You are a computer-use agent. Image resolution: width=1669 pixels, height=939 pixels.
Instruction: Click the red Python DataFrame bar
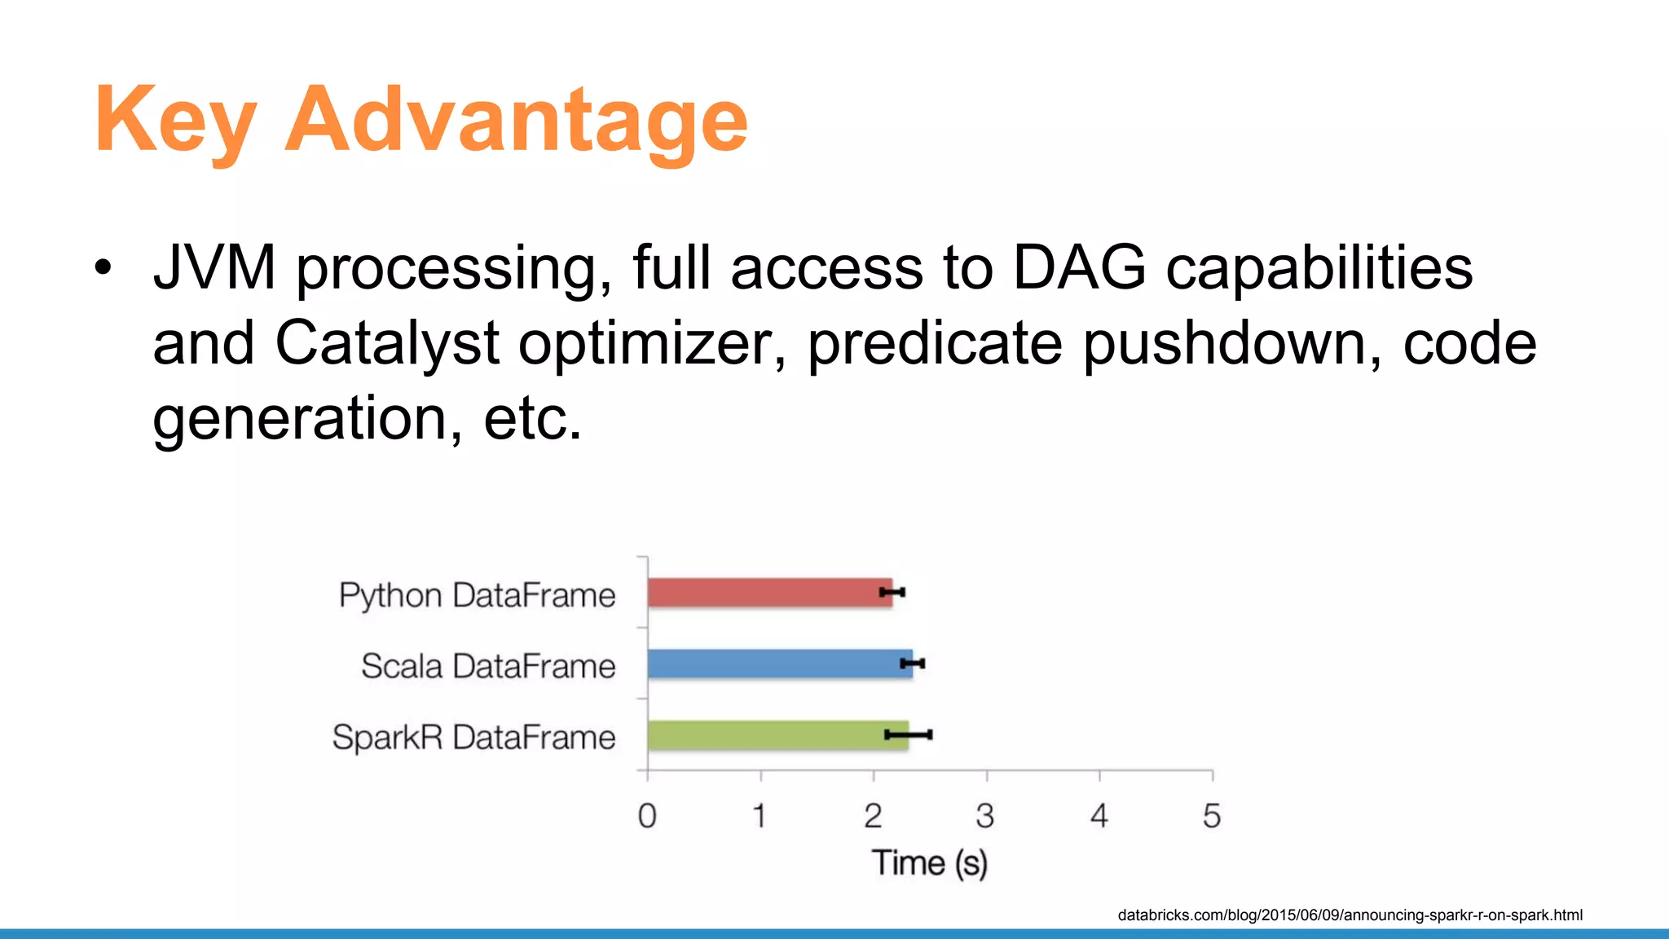click(x=766, y=593)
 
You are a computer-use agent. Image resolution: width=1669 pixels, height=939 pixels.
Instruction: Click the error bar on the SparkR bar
click(x=909, y=735)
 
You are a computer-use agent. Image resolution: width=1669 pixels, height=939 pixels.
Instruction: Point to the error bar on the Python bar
click(x=892, y=593)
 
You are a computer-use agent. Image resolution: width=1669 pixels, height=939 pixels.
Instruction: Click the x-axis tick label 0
click(x=647, y=816)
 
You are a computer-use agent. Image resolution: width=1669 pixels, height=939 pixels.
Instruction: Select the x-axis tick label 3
click(x=985, y=816)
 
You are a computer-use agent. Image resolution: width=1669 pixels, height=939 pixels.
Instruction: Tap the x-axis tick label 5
click(x=1212, y=816)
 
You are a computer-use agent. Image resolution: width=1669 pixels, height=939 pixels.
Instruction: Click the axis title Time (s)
click(x=929, y=863)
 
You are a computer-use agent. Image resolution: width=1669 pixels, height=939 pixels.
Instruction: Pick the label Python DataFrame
click(x=477, y=596)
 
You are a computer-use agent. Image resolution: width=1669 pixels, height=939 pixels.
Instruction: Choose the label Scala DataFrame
click(x=487, y=667)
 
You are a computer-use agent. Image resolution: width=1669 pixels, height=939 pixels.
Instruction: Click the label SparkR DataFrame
click(x=473, y=738)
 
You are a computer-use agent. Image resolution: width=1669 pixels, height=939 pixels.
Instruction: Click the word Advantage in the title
click(x=516, y=121)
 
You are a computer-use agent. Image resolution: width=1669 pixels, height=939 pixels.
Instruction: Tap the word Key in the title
click(x=175, y=121)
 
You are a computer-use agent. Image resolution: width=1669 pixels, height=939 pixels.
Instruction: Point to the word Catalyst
click(x=386, y=343)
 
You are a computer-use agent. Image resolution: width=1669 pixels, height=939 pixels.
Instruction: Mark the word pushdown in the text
click(x=1231, y=343)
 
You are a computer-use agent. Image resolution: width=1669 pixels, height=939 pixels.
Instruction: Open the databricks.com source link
click(x=1350, y=915)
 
